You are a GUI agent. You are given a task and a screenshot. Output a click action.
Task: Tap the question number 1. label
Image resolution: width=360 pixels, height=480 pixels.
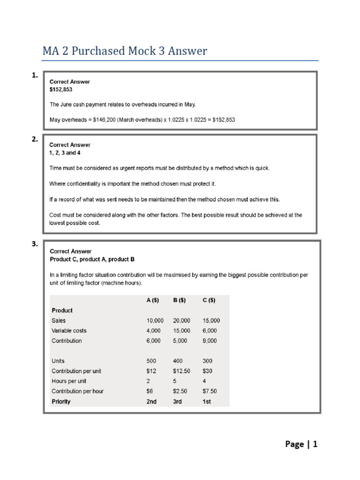(34, 75)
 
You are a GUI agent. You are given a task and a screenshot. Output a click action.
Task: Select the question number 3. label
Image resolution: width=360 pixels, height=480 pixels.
(34, 244)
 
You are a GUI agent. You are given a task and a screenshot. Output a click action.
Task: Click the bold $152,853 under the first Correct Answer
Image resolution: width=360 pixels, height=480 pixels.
(61, 89)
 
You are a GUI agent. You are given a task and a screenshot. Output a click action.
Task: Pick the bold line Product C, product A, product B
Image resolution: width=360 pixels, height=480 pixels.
(92, 259)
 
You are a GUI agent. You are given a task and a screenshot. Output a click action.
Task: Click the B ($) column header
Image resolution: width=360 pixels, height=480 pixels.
(180, 300)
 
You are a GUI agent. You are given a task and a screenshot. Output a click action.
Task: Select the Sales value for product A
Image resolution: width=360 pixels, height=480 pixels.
(155, 321)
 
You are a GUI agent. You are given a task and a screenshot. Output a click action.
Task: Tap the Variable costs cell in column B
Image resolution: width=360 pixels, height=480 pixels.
(181, 331)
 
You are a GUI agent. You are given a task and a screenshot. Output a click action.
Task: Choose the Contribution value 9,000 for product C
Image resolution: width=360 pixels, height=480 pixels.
(210, 341)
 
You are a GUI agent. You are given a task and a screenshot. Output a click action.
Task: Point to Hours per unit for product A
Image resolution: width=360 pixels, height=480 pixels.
(148, 381)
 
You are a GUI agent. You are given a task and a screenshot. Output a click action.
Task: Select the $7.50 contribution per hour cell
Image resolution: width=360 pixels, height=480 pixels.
(210, 391)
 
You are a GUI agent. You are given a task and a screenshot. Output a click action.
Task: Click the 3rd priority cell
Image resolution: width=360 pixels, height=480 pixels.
(178, 402)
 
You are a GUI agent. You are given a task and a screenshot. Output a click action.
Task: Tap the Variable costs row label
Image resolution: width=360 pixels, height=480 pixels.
(69, 331)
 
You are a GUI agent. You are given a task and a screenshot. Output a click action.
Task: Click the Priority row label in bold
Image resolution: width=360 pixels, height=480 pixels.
(61, 402)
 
